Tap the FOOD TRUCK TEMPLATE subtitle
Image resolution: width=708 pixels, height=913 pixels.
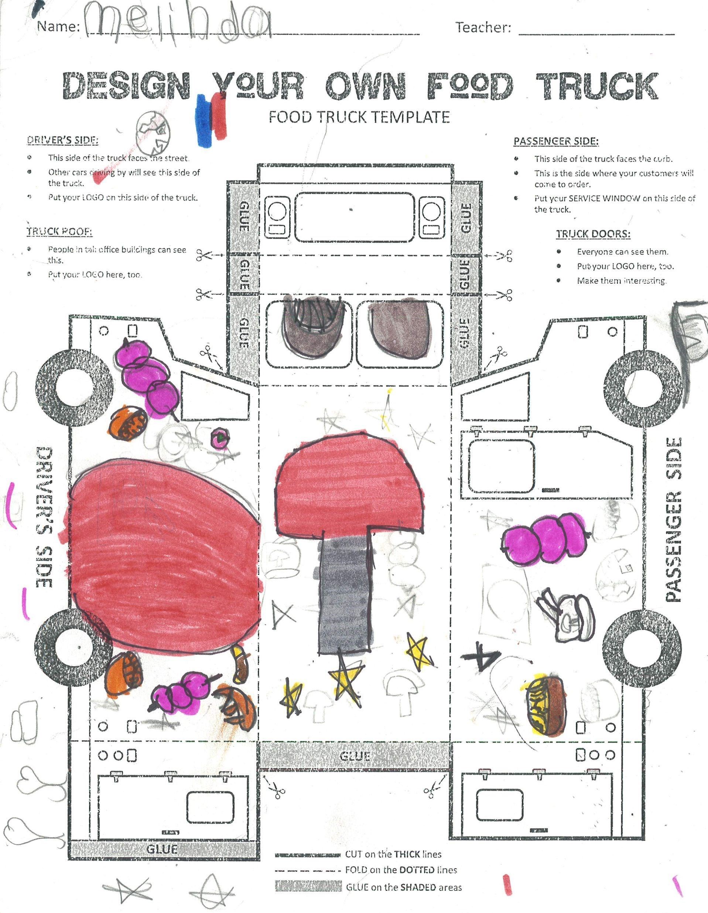click(359, 117)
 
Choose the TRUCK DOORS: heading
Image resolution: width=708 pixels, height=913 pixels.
click(593, 234)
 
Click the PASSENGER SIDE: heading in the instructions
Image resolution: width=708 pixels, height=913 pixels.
click(556, 141)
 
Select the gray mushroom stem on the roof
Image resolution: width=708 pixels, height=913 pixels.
click(345, 594)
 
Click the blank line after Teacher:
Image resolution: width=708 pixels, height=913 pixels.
click(596, 31)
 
